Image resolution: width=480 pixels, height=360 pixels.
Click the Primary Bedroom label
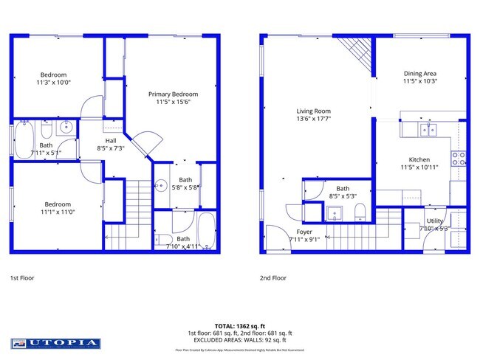tap(173, 94)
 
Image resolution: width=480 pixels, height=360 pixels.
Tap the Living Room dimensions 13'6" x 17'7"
tap(313, 119)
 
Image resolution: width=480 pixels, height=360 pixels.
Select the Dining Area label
tap(420, 73)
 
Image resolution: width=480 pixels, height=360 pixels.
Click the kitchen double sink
tap(428, 130)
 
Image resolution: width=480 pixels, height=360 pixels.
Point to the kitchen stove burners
tap(458, 156)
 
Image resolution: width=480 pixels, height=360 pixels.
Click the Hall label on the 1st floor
tap(110, 140)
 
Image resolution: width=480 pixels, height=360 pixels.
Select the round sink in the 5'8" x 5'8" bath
tap(160, 186)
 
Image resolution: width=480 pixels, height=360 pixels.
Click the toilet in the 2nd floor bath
tap(360, 213)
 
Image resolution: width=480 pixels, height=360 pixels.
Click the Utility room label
tap(434, 221)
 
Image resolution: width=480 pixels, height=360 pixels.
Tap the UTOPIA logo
tap(55, 343)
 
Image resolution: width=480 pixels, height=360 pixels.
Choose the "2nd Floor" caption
tap(272, 278)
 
